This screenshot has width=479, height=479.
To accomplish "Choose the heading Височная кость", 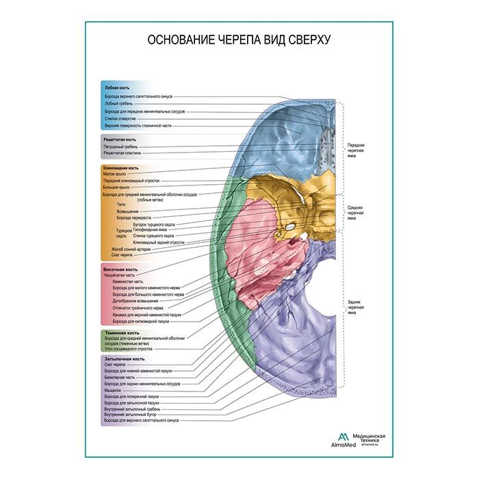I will click(x=118, y=269).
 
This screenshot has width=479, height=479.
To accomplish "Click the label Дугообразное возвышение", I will click(x=131, y=300).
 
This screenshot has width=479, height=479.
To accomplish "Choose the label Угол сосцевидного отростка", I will click(x=127, y=350).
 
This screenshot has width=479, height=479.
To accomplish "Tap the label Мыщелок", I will click(x=112, y=390).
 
